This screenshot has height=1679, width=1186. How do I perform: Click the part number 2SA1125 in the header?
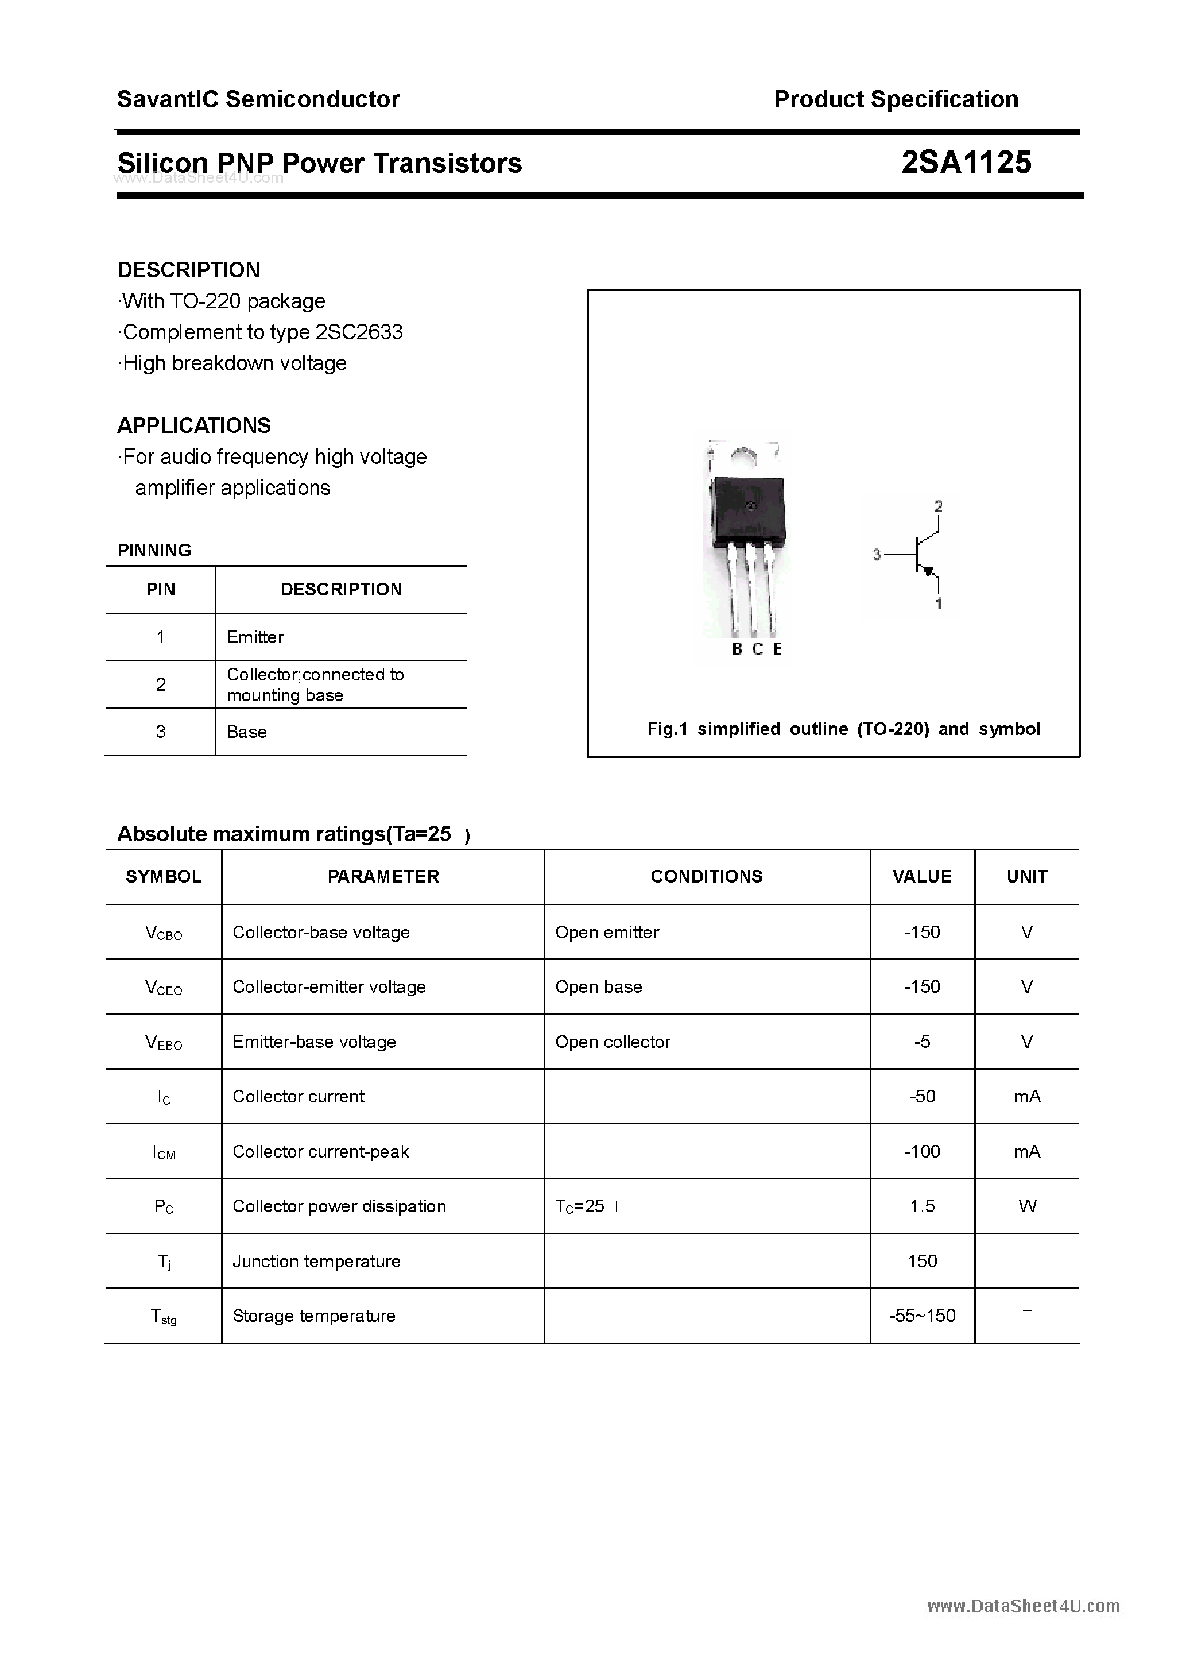[x=966, y=163]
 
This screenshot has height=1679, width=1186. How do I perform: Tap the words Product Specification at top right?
[x=896, y=99]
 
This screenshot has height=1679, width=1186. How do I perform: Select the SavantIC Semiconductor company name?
[x=258, y=99]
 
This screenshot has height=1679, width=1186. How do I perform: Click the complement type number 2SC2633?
[x=359, y=332]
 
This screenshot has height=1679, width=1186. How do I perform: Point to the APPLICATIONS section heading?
[x=194, y=425]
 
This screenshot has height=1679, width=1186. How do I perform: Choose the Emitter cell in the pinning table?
[x=255, y=637]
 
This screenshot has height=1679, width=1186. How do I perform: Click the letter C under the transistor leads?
[x=758, y=649]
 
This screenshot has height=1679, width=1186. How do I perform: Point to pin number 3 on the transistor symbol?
[x=877, y=555]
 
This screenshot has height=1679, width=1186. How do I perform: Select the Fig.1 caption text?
[x=843, y=729]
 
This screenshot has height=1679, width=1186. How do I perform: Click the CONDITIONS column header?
[x=706, y=876]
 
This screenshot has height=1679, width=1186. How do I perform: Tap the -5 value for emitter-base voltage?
[x=922, y=1042]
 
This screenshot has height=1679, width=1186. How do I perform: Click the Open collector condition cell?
[x=613, y=1042]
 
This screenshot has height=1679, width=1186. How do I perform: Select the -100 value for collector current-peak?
[x=922, y=1152]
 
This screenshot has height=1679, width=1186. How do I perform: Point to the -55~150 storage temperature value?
[x=922, y=1316]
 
